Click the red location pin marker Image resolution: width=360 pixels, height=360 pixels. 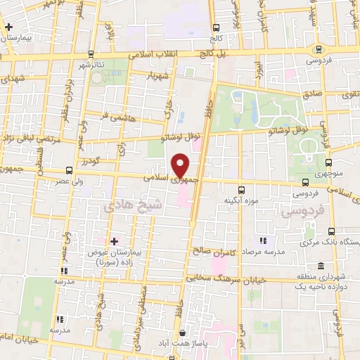tap(181, 165)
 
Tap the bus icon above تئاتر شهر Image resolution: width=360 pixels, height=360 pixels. tap(91, 53)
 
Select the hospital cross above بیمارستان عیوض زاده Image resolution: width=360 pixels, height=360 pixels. tap(114, 241)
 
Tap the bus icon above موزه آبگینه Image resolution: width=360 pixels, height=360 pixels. tap(242, 190)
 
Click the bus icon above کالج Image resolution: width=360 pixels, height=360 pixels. tap(215, 27)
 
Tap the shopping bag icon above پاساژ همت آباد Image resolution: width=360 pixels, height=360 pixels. tap(182, 333)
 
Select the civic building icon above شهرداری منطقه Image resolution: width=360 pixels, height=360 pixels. tap(321, 266)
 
